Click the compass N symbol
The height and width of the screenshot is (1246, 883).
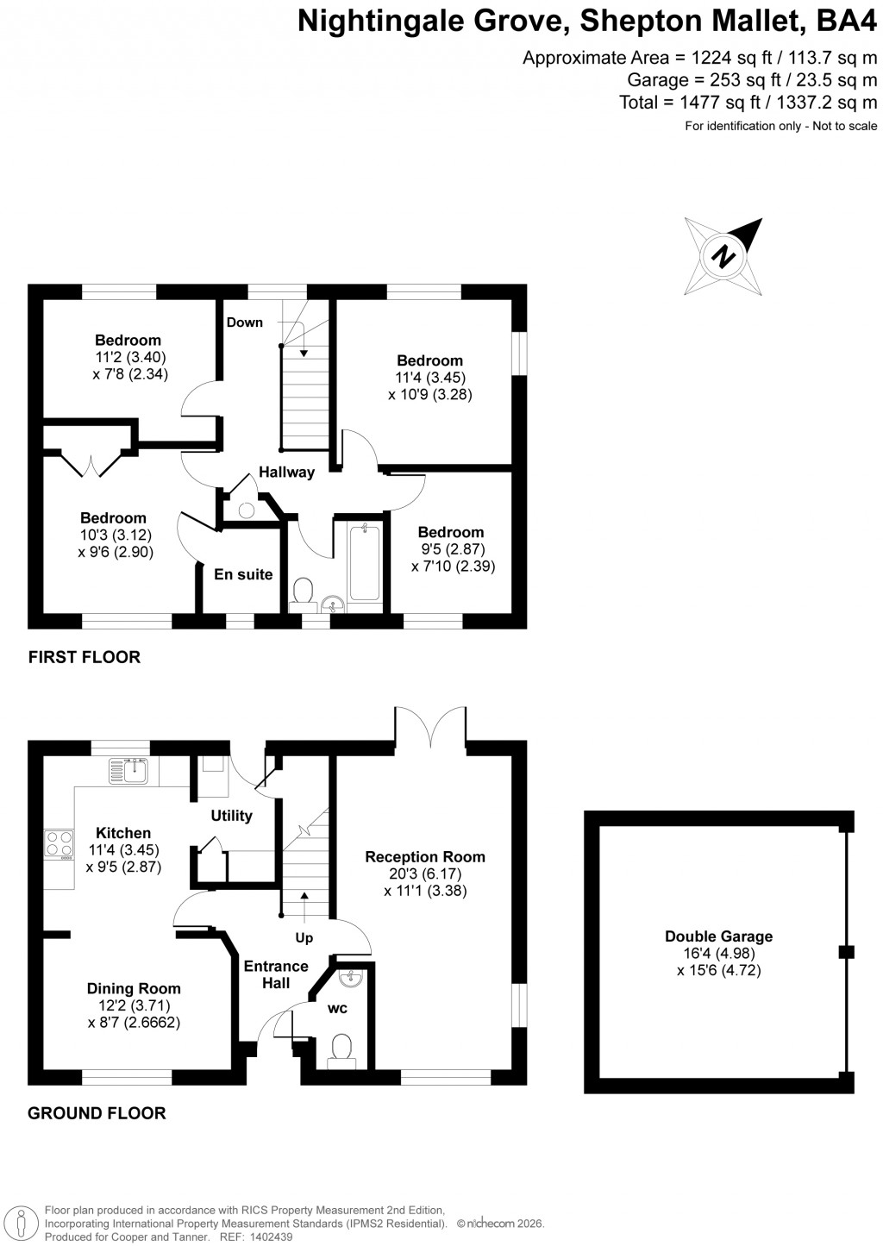pos(724,256)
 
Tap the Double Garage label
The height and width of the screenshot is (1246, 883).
pos(718,936)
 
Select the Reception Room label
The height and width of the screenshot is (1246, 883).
pos(425,857)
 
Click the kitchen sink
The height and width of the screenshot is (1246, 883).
pos(129,770)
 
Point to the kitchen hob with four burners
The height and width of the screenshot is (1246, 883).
pos(59,842)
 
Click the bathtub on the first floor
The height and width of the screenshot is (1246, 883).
pos(365,561)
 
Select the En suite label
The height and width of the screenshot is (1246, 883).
pos(243,575)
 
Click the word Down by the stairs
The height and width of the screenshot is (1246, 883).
pos(245,322)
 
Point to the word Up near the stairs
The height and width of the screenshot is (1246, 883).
pos(304,938)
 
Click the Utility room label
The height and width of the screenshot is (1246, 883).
pos(232,816)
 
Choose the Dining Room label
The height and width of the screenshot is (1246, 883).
pos(134,989)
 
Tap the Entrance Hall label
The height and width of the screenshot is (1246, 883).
pos(276,974)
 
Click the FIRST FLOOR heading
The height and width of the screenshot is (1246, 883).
pos(85,657)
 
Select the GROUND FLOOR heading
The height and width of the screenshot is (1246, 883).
pos(97,1113)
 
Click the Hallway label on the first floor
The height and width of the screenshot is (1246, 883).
pos(287,473)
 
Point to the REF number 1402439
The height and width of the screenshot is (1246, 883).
pos(269,1237)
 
